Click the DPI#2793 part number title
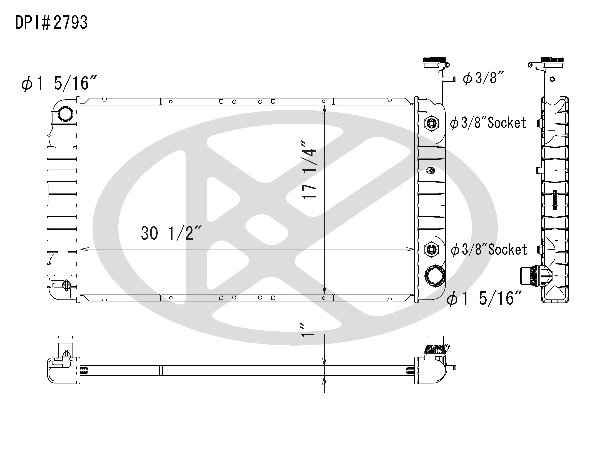coord(51,23)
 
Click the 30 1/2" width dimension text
coord(171,234)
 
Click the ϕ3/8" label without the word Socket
coord(483,78)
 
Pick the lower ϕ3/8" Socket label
coord(489,249)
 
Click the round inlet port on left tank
coord(65,114)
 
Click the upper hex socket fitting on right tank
coord(431,123)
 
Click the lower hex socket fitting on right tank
coord(431,249)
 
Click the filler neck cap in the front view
coord(434,60)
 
